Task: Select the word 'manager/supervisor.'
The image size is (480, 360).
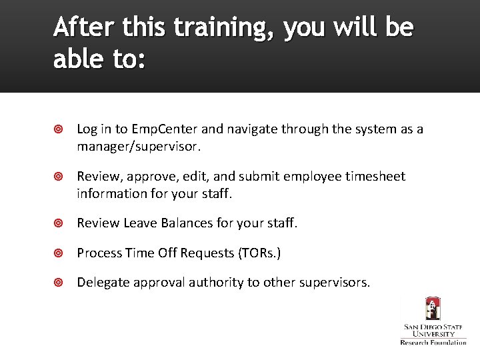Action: click(x=139, y=145)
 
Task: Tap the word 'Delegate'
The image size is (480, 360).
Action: click(x=103, y=283)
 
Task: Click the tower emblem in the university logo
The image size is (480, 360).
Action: click(x=433, y=309)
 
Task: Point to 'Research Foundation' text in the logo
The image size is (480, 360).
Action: click(x=433, y=342)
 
